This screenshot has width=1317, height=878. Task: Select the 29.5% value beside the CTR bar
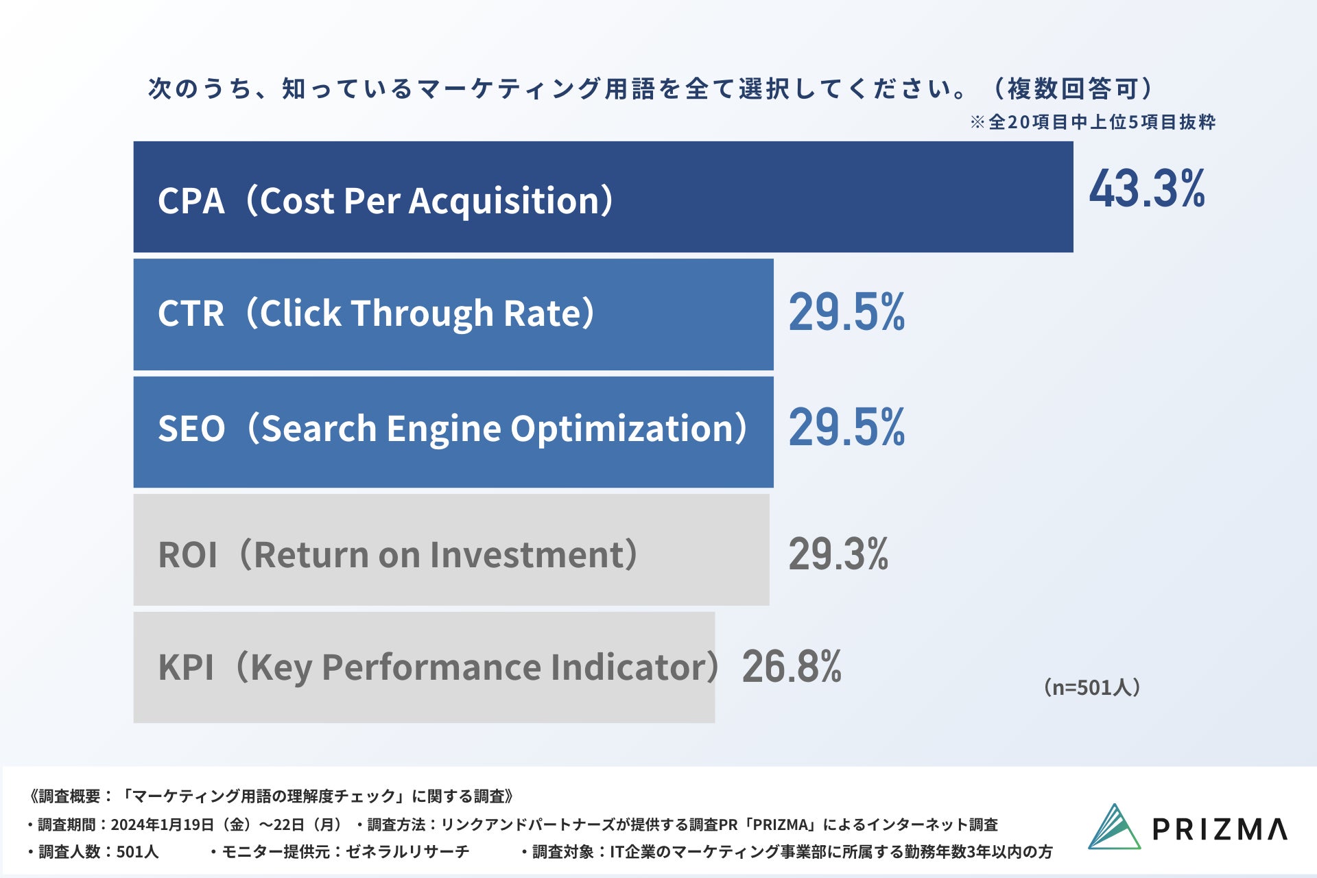point(846,312)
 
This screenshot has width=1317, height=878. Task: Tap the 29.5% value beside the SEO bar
point(846,427)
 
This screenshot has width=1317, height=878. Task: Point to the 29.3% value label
point(838,554)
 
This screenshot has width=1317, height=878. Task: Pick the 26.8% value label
point(792,666)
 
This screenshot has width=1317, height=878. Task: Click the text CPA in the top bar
point(191,201)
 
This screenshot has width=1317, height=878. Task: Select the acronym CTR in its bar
point(191,313)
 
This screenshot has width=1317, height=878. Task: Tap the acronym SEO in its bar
point(191,429)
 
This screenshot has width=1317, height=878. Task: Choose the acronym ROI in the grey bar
point(187,555)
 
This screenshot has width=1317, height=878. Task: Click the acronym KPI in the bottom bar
point(186,667)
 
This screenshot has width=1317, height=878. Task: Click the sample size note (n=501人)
point(1091,687)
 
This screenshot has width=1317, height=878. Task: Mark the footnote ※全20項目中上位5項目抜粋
point(1093,122)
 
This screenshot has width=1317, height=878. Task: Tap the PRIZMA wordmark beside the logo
point(1220,829)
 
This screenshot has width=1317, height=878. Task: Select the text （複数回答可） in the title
point(1073,88)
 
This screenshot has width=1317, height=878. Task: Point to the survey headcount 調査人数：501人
point(98,852)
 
